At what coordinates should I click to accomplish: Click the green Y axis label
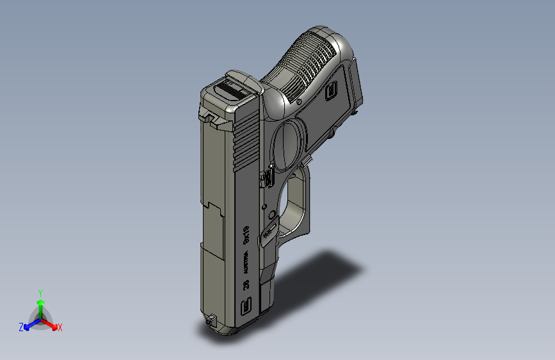(40, 292)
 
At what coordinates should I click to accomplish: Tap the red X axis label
(60, 328)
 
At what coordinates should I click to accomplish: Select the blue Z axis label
(21, 327)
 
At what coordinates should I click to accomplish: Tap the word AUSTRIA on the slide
(245, 263)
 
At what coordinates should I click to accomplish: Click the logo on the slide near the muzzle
(245, 309)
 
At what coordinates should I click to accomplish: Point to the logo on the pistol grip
(331, 91)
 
